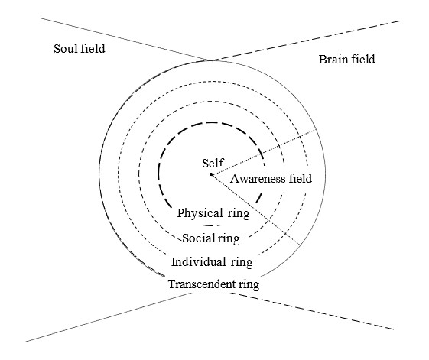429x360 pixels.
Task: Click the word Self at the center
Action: [x=213, y=163]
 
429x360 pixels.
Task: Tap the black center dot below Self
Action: [x=211, y=174]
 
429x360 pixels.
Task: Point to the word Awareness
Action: [x=254, y=179]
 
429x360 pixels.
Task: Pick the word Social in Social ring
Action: [x=197, y=238]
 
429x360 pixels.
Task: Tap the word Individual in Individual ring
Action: [x=199, y=262]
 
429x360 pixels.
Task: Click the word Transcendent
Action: [x=202, y=284]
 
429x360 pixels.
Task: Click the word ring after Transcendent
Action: [x=249, y=285]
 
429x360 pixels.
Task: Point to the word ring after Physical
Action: [x=239, y=214]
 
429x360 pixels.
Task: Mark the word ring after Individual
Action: [x=242, y=263]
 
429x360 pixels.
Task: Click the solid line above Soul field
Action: [x=127, y=39]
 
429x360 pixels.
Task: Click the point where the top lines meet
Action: [x=213, y=60]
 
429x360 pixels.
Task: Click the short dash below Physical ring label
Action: [x=211, y=226]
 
